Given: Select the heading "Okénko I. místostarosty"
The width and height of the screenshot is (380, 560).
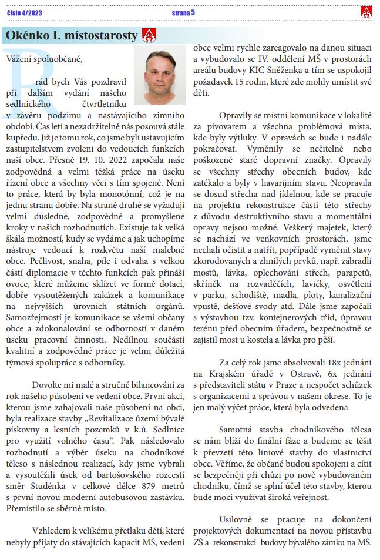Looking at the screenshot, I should (72, 36).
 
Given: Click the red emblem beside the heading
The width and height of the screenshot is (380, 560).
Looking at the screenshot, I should (149, 36).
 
